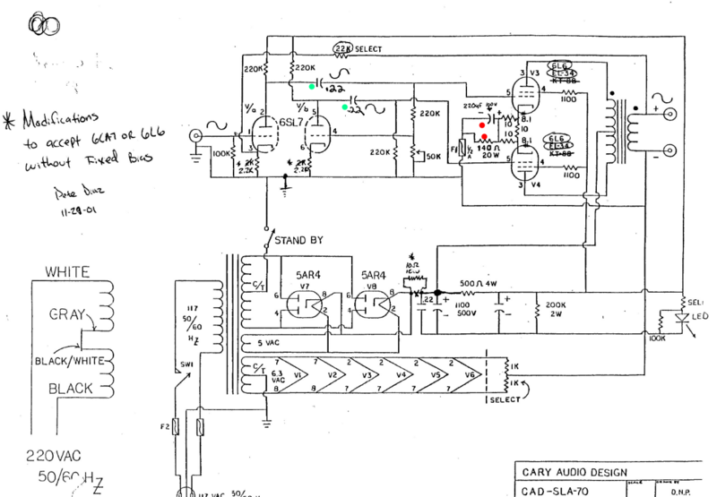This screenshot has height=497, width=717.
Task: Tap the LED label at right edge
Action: click(698, 319)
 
